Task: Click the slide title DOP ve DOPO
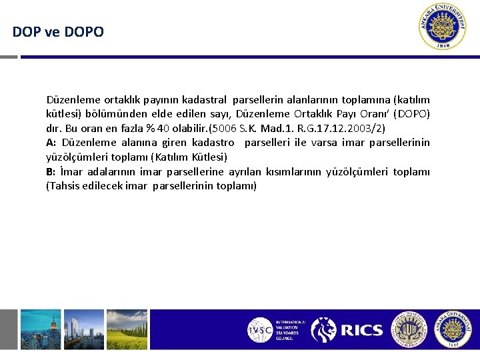pos(58,31)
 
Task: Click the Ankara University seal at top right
pos(443,27)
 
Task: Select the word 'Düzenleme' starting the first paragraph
pos(71,99)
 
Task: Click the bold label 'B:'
pos(51,171)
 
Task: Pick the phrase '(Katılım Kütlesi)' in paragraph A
pos(189,157)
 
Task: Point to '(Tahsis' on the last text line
pos(63,186)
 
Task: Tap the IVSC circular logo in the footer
pos(260,330)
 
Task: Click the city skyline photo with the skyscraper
pos(40,329)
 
